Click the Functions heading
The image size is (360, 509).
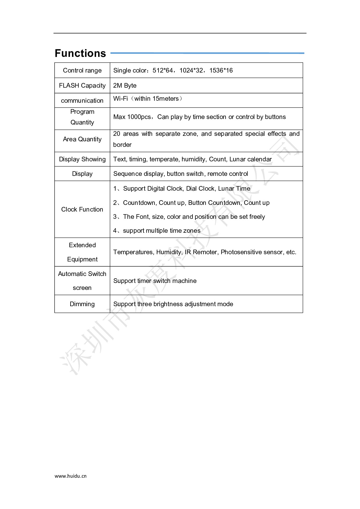tap(80, 53)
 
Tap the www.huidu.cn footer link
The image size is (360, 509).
tap(71, 476)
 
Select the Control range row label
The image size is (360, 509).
tap(82, 71)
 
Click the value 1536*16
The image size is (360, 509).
tap(221, 71)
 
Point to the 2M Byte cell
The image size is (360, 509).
tap(125, 86)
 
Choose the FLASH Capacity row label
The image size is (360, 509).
tap(82, 86)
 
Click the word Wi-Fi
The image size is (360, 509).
tap(120, 99)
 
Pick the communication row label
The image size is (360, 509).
tap(82, 101)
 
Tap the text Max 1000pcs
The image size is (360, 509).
tap(132, 117)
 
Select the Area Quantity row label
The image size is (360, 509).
tap(82, 139)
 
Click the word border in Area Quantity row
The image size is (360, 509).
tap(122, 145)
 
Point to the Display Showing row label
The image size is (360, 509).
tap(82, 159)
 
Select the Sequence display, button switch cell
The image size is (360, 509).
tap(181, 174)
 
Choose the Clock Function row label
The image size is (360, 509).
tap(82, 210)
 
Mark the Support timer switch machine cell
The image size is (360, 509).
tap(155, 281)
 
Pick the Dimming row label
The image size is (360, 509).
tap(82, 304)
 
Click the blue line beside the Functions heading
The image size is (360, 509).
tap(207, 53)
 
